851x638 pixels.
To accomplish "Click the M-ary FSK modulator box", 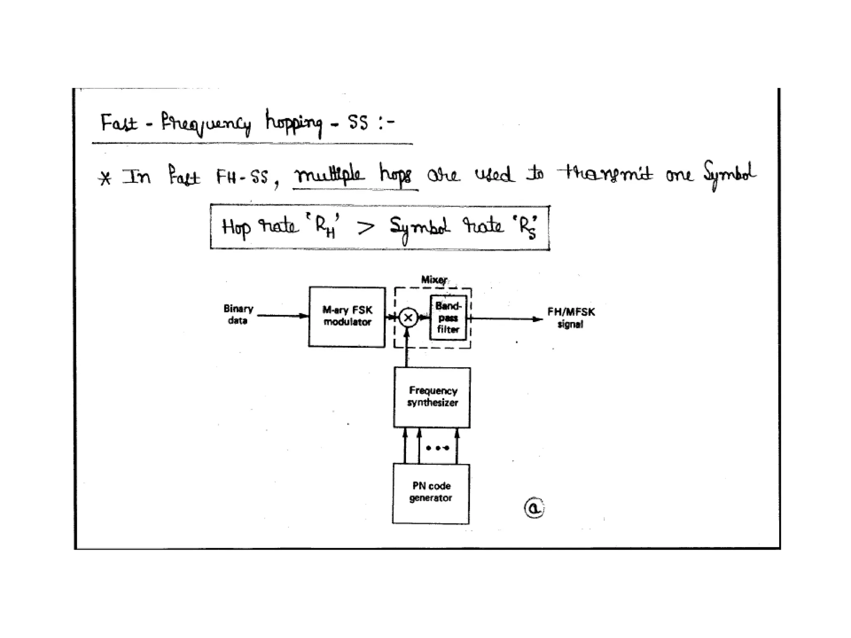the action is pyautogui.click(x=347, y=317).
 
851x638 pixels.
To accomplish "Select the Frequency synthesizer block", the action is pyautogui.click(x=432, y=397).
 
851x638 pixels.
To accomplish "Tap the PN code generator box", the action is pyautogui.click(x=431, y=493).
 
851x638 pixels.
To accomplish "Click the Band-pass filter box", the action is pyautogui.click(x=448, y=318).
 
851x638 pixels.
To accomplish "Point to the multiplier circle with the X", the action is pyautogui.click(x=408, y=318).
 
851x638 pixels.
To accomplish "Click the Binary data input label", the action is pyautogui.click(x=238, y=314).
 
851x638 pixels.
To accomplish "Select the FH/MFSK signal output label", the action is pyautogui.click(x=571, y=318).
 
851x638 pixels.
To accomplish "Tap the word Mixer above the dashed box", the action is pyautogui.click(x=434, y=280).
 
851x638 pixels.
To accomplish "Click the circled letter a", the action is pyautogui.click(x=534, y=508).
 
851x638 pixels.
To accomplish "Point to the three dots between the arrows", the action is pyautogui.click(x=438, y=448).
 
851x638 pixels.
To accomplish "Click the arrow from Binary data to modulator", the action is pyautogui.click(x=283, y=316).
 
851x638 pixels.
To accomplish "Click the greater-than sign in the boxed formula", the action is pyautogui.click(x=366, y=227).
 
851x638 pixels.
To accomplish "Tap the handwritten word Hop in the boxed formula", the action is pyautogui.click(x=236, y=228).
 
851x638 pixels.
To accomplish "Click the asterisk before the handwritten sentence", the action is pyautogui.click(x=106, y=178).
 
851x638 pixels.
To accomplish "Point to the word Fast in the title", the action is pyautogui.click(x=119, y=123).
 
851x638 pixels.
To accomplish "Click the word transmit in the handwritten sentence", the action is pyautogui.click(x=605, y=174).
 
